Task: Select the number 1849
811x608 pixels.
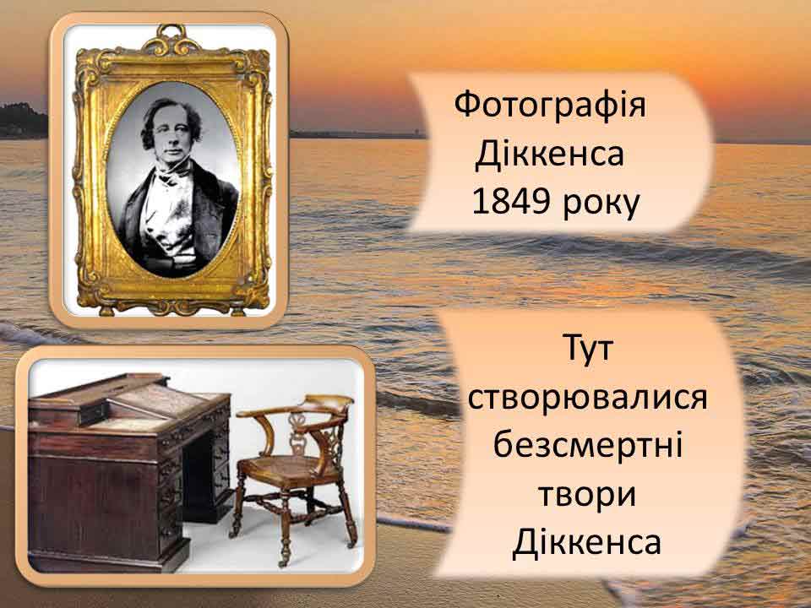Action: [x=510, y=202]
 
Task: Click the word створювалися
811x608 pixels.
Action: [x=588, y=398]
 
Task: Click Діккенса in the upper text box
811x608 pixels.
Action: [x=550, y=154]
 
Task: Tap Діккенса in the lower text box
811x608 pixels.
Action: [x=588, y=542]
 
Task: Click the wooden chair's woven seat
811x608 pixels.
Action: [x=283, y=467]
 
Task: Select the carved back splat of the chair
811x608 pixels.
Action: [x=298, y=434]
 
